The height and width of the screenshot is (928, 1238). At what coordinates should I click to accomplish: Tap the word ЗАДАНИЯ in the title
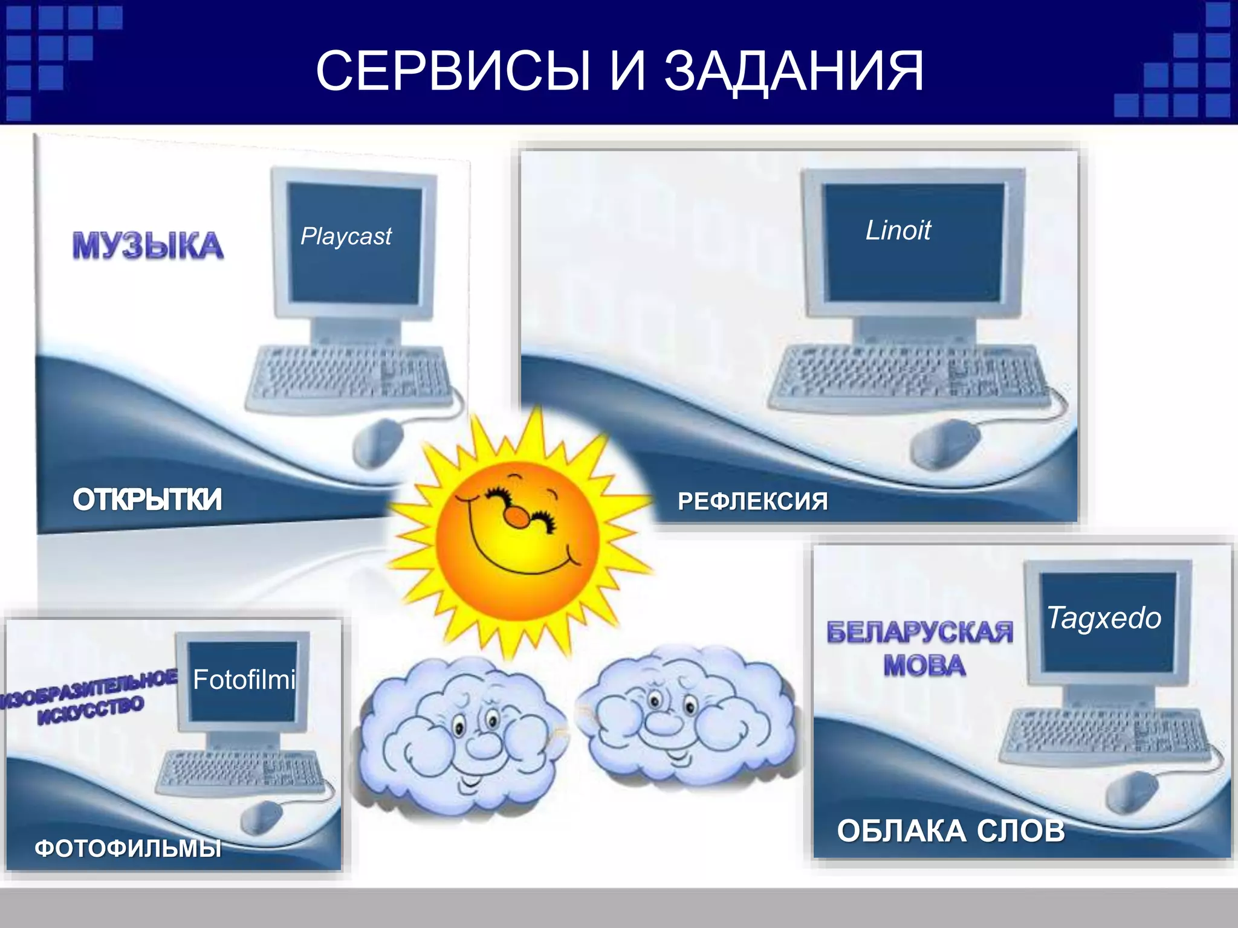794,71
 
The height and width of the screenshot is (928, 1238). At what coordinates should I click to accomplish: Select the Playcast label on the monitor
346,236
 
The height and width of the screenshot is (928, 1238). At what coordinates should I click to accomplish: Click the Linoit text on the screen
898,230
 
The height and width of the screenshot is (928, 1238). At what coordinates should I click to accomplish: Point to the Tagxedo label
1104,618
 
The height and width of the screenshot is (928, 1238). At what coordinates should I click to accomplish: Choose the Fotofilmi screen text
244,680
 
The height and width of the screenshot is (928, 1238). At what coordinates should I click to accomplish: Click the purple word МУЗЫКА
147,245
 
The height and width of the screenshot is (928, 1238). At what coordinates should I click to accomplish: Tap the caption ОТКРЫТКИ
147,500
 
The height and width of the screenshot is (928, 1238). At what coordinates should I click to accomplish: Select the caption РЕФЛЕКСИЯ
752,501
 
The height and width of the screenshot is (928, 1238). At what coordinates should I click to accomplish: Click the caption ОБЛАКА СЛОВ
950,831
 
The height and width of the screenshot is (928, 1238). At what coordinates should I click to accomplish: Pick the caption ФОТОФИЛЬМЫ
128,848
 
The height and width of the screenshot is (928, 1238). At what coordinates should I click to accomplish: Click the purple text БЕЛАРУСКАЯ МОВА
920,648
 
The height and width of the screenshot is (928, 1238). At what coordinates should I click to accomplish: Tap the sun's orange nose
517,517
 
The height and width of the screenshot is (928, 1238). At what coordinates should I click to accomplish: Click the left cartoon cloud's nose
482,748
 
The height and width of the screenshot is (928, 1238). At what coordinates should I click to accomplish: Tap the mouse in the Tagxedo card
1130,791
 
